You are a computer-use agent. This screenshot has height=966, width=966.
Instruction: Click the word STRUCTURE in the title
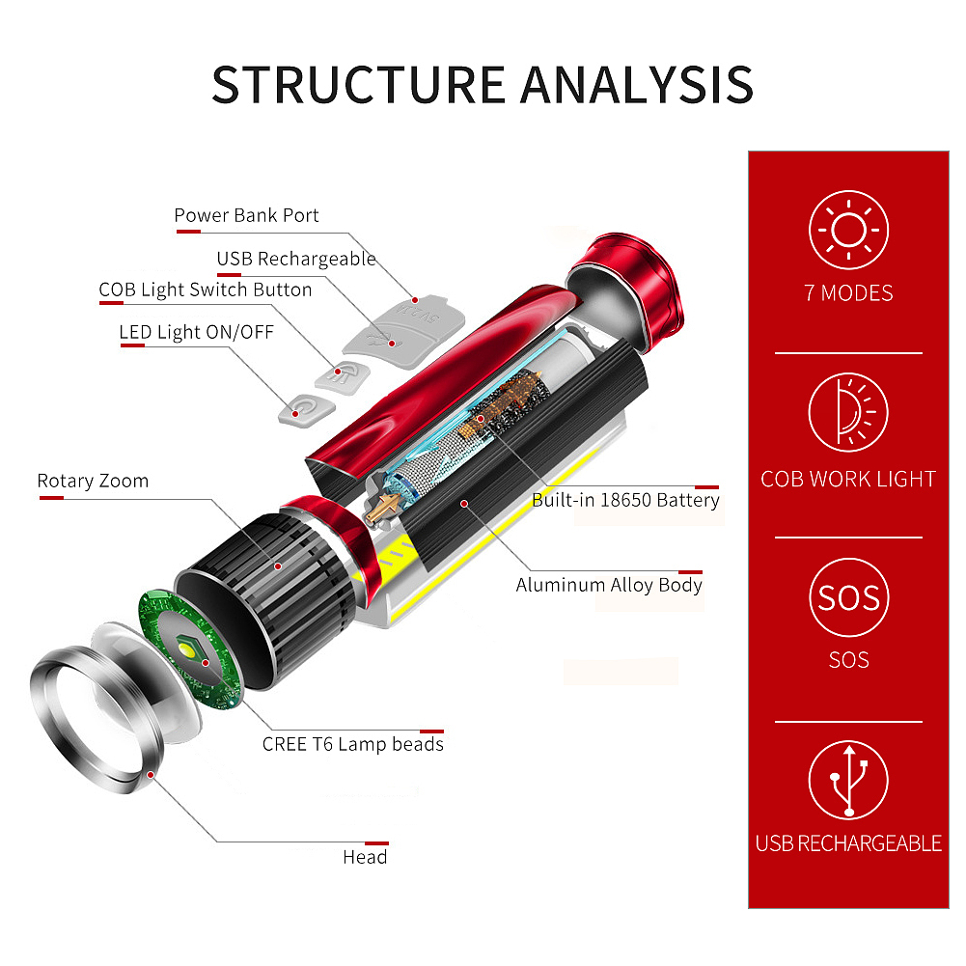[359, 84]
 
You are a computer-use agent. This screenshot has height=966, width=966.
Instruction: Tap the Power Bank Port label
[246, 215]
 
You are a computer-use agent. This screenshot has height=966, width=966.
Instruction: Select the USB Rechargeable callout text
[296, 259]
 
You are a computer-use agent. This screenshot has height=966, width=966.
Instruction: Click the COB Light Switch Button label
[206, 290]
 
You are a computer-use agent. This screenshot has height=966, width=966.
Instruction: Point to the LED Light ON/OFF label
[197, 332]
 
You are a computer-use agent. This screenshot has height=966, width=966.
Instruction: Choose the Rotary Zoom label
[93, 481]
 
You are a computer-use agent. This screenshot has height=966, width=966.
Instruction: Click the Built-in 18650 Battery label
[625, 500]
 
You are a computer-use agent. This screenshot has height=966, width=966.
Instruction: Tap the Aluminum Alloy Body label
[609, 585]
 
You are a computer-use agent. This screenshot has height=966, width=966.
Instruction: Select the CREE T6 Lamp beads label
[353, 744]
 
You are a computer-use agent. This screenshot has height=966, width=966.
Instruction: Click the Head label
[366, 857]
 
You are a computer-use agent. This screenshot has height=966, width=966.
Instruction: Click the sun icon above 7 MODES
[848, 230]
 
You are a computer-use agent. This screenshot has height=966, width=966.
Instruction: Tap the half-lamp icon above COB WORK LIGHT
[848, 412]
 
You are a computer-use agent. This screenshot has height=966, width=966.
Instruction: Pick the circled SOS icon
[848, 597]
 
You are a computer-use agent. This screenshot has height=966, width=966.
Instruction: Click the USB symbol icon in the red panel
[848, 780]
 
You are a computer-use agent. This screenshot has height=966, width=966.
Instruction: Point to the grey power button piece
[306, 410]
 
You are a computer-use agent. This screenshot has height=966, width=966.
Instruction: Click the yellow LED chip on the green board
[189, 649]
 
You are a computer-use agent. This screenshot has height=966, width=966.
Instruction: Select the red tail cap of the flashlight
[625, 292]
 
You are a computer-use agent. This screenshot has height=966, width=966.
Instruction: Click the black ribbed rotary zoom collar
[268, 600]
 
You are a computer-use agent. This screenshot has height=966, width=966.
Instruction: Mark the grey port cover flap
[403, 333]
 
